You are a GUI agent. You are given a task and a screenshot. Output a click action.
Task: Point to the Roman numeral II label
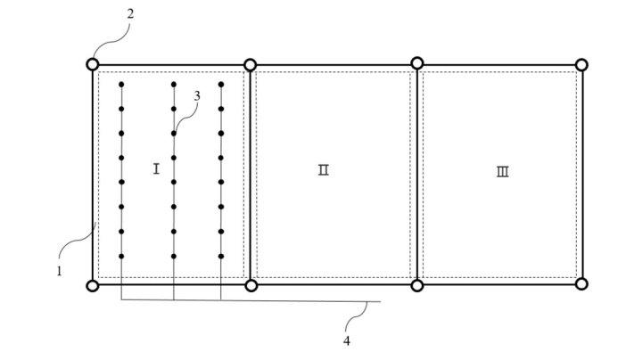pos(323,170)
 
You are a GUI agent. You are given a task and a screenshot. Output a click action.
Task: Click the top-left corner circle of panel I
pos(92,64)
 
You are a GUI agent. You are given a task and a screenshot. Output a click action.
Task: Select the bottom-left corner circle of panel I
pos(92,285)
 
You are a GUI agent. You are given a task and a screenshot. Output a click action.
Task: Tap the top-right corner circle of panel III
pos(581,64)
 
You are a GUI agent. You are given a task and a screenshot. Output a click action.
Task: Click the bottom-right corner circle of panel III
pos(581,284)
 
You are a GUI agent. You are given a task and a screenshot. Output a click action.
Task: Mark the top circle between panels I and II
pos(251,64)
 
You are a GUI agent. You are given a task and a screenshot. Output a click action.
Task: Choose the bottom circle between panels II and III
pos(417,285)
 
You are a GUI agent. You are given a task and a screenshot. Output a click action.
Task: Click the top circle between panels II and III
pos(416,63)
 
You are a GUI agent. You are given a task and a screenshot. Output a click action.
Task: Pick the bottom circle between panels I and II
pos(251,285)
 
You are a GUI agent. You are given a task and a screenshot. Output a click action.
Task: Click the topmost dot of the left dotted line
pos(121,85)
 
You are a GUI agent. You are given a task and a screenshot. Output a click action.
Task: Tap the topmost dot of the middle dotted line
pos(173,85)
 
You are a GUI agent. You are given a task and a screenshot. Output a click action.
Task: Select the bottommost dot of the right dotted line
pos(220,257)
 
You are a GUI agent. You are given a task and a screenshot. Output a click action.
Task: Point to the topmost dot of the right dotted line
pos(220,85)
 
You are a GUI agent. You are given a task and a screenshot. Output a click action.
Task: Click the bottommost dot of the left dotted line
pos(121,257)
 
